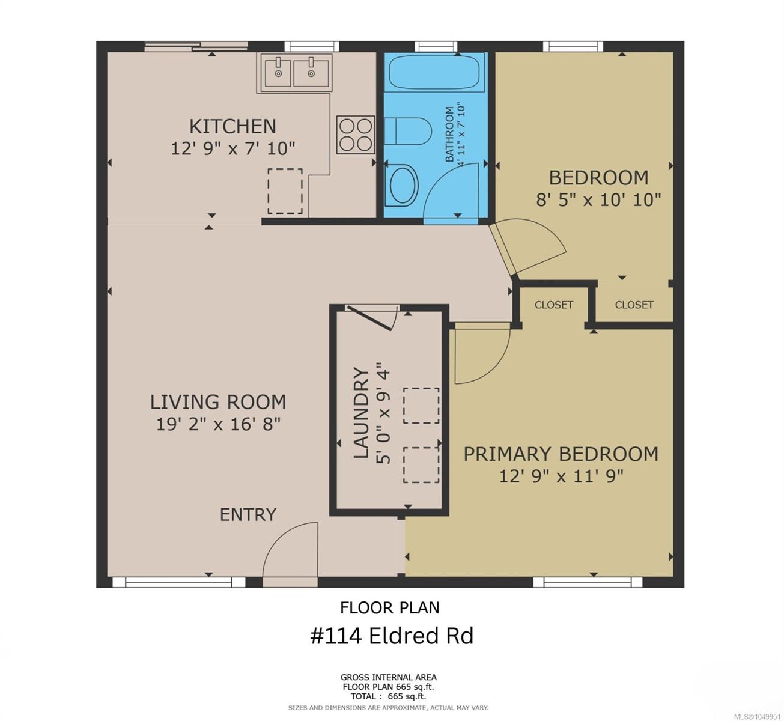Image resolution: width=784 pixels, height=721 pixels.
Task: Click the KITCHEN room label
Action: (232, 126)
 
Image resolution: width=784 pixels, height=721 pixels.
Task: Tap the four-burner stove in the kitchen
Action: (356, 135)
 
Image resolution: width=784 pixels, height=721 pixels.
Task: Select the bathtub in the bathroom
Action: (434, 73)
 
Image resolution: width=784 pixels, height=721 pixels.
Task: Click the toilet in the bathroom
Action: (408, 131)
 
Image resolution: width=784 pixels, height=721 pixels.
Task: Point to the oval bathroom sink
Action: (402, 185)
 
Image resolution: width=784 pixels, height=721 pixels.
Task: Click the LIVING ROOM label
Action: (218, 402)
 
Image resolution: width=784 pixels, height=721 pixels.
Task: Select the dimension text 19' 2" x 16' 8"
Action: (219, 424)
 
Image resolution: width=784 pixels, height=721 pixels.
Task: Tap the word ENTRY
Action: (248, 514)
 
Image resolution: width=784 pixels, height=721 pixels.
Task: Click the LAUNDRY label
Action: (361, 413)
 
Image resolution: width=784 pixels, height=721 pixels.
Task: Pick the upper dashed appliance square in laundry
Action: (421, 406)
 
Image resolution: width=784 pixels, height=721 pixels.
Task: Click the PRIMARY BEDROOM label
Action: (561, 454)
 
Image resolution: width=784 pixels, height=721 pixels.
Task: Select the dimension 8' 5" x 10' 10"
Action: (598, 200)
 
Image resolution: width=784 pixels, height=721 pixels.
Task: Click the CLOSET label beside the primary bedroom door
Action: (554, 305)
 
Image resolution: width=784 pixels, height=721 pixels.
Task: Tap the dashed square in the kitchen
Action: (285, 191)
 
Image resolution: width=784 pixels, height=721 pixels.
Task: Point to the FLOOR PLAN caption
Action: (390, 607)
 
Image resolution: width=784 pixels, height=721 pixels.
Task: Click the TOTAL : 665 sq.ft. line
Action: (389, 696)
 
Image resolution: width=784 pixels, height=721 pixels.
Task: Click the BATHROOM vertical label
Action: (450, 134)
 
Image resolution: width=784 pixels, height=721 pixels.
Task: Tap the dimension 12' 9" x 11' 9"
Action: (561, 476)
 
